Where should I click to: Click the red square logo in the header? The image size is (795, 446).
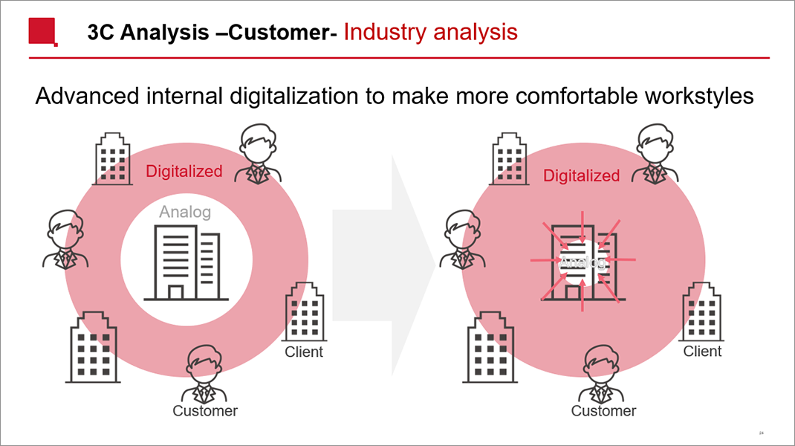(42, 32)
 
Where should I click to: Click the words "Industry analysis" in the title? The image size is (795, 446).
(430, 32)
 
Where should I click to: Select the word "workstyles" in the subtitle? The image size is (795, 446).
(699, 96)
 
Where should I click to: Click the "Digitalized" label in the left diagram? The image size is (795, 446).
(184, 172)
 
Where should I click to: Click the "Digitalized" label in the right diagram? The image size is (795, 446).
(582, 175)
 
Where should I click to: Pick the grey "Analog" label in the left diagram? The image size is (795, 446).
(185, 212)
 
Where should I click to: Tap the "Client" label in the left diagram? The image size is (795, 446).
(304, 352)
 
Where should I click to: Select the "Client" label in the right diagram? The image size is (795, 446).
(702, 351)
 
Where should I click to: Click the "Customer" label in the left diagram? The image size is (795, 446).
(205, 410)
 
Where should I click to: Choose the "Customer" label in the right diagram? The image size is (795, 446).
(603, 410)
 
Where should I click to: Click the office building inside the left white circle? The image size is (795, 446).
(186, 262)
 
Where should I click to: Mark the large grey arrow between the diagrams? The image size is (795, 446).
(384, 265)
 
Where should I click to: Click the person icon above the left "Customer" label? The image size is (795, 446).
(204, 374)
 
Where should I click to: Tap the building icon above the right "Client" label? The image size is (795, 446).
(702, 311)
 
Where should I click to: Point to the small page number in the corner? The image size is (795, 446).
(761, 433)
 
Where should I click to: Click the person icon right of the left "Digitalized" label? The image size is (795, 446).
(258, 154)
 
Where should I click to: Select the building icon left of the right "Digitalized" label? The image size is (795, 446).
(509, 158)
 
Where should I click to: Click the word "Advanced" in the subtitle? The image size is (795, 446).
(87, 96)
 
